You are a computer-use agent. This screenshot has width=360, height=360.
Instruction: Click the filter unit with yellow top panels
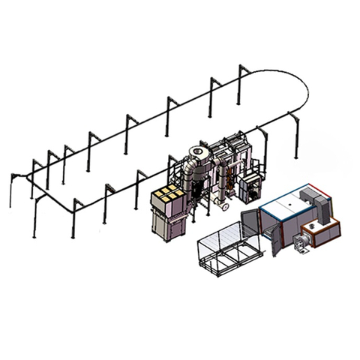167,197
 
